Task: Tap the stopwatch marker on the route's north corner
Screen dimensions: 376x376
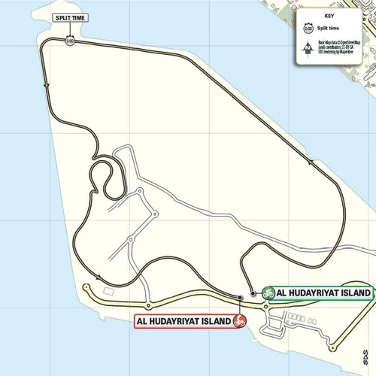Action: point(69,41)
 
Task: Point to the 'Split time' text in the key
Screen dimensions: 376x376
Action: point(331,28)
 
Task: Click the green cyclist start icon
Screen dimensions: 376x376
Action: point(268,293)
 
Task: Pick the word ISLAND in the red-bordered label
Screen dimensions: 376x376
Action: point(211,321)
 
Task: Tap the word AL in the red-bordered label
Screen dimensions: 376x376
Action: point(142,321)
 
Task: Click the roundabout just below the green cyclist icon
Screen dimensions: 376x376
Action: point(265,307)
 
